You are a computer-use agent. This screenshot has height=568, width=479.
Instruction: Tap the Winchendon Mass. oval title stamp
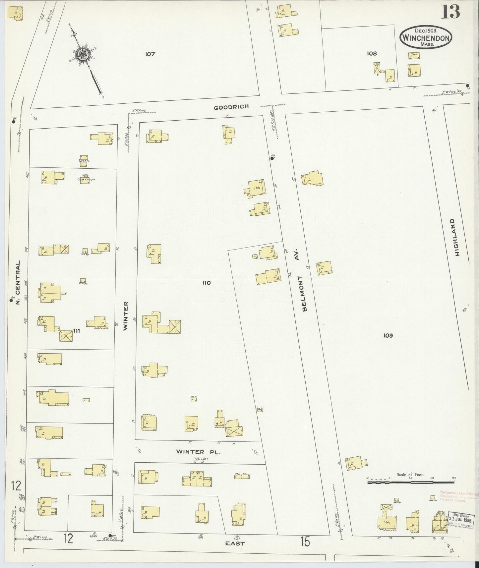(x=426, y=37)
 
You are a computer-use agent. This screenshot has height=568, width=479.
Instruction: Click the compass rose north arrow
(x=82, y=54)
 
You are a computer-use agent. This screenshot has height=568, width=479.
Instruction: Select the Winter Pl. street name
(x=198, y=452)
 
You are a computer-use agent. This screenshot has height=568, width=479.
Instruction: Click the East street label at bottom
(x=235, y=543)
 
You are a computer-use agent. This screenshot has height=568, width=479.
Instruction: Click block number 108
(x=372, y=53)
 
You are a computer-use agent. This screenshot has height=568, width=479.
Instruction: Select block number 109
(x=388, y=335)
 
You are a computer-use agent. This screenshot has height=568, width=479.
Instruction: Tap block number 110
(x=207, y=283)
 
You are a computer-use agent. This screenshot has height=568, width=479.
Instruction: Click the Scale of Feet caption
(x=410, y=475)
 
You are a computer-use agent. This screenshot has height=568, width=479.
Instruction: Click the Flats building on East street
(x=387, y=522)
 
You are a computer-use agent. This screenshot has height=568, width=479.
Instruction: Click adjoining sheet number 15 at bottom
(x=305, y=542)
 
